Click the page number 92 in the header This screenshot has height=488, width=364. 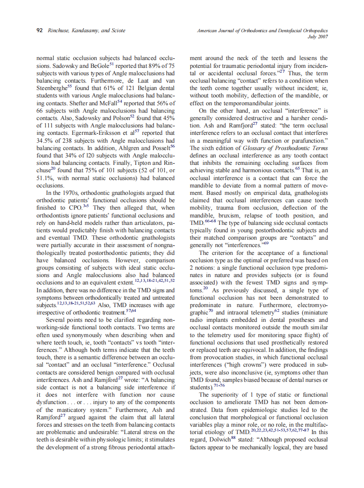tap(40, 30)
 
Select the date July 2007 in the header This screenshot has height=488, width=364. tap(318, 37)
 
